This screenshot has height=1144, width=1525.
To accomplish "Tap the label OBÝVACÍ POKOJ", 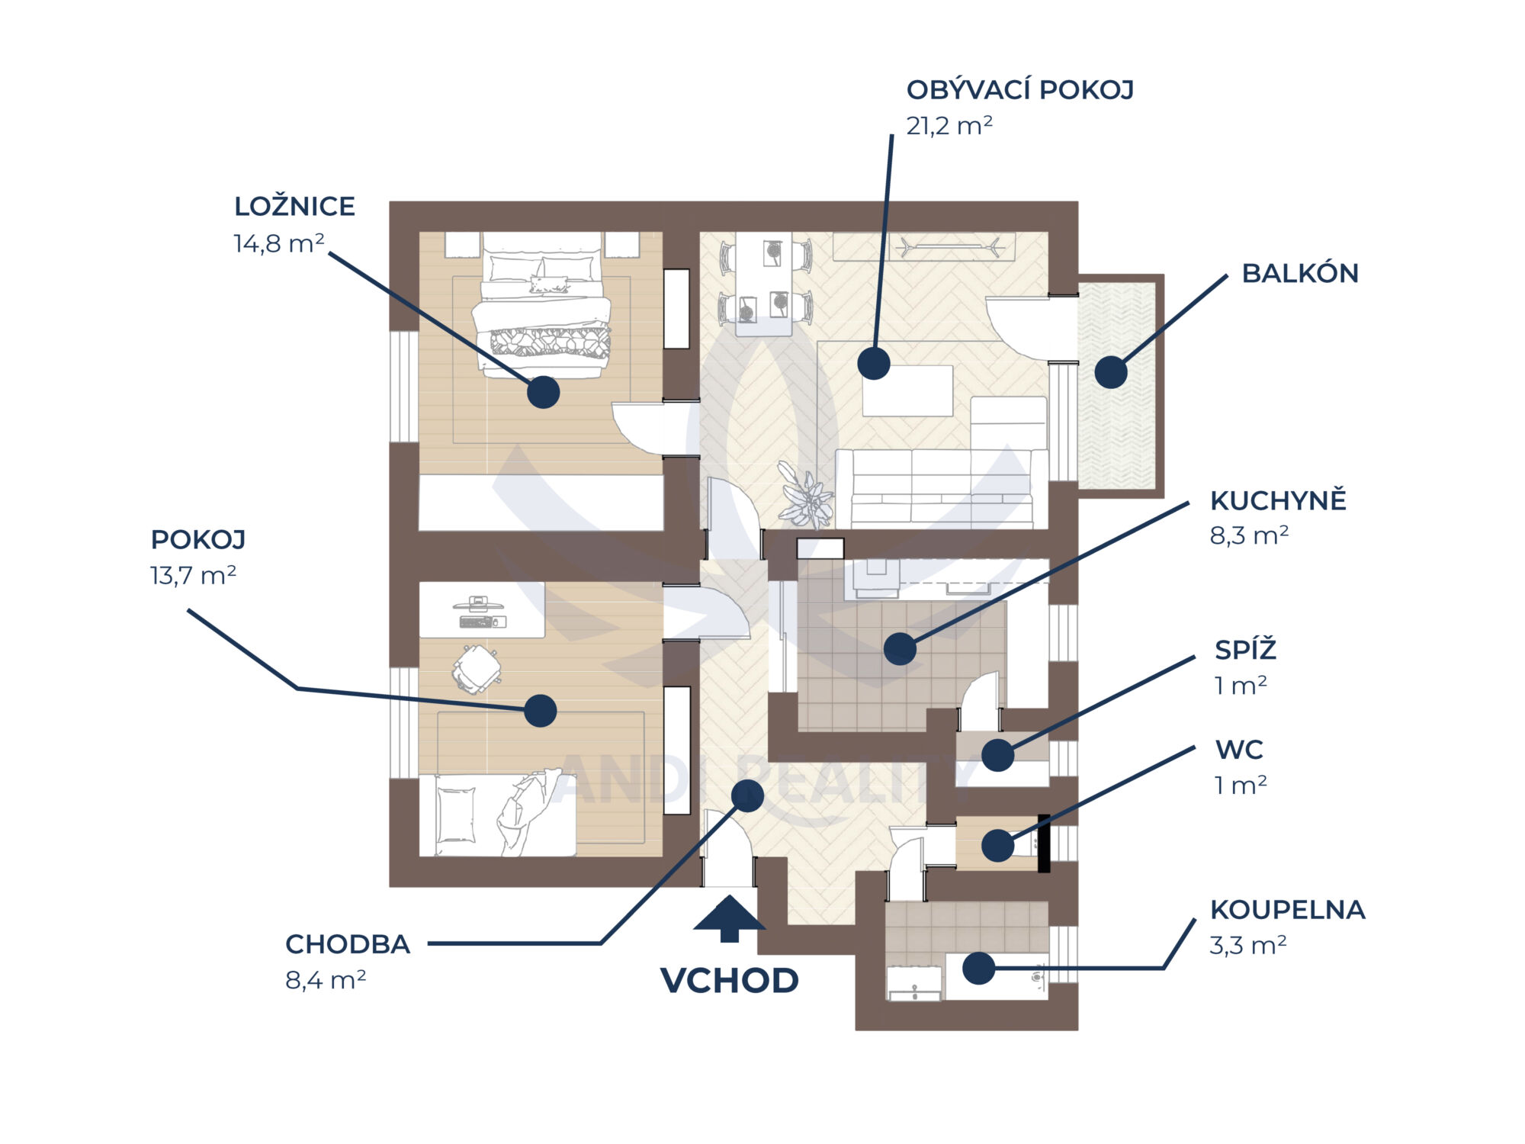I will pos(1019,90).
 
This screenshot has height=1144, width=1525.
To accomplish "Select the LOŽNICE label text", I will pos(294,207).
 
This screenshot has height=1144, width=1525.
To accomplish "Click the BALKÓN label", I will pos(1300,274).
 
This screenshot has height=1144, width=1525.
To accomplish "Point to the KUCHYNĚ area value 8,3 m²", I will pos(1249,535).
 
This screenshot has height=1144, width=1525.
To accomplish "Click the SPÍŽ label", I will pos(1245,651).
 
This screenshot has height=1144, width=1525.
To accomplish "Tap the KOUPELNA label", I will pos(1287,910).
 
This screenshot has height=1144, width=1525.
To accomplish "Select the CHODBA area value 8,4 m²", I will pos(326,980).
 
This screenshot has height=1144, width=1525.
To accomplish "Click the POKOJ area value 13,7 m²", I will pos(193,575).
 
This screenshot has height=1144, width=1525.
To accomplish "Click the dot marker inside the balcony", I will pos(1111,372).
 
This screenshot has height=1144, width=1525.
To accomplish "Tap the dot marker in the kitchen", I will pos(900,648).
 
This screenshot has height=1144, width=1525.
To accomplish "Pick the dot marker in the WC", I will pos(997,845).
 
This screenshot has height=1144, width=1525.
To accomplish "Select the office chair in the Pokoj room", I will pos(477,669).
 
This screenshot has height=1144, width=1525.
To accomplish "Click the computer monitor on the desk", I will pos(478,604).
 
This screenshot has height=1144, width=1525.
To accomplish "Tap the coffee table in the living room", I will pos(907,391).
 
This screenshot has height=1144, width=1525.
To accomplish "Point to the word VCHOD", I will pos(729,981).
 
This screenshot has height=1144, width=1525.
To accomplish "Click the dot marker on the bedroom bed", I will pos(543,392).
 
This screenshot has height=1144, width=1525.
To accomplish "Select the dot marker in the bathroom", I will pos(978,968).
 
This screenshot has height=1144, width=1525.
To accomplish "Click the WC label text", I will pos(1239,750).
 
